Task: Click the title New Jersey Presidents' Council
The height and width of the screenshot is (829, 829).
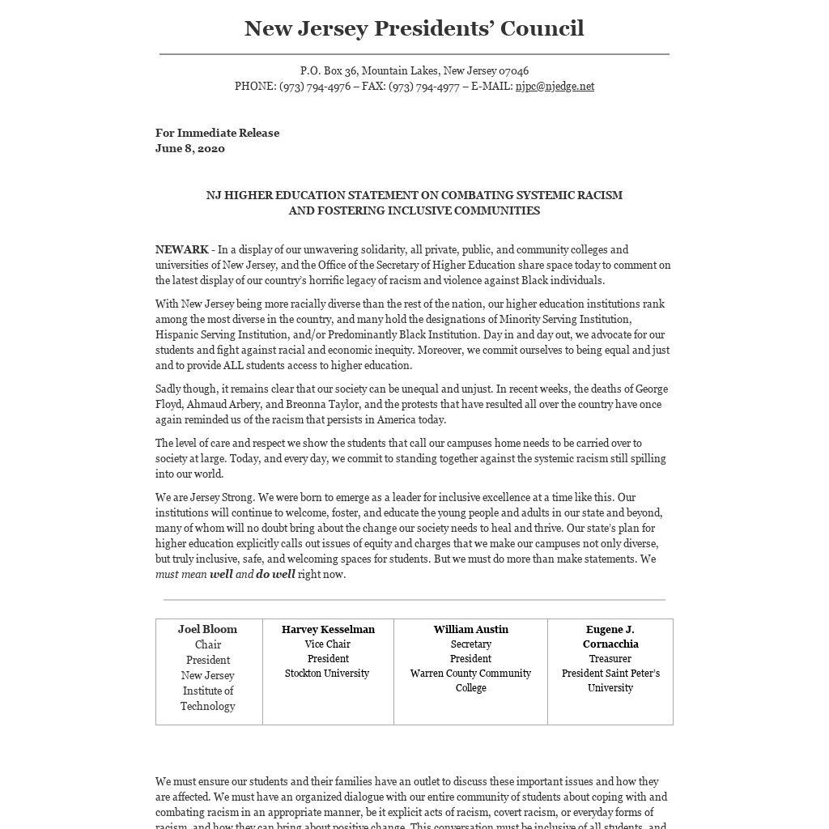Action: [414, 28]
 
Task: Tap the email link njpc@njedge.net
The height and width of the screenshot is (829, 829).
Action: [555, 87]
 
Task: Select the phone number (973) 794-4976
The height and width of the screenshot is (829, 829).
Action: [315, 87]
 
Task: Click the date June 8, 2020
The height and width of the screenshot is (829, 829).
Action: [190, 149]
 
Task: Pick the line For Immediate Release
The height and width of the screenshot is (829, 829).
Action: [217, 134]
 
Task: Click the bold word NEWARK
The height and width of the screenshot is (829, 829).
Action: [181, 250]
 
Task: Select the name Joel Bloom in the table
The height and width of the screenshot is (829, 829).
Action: [208, 630]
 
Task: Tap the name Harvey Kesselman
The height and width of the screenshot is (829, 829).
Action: [328, 630]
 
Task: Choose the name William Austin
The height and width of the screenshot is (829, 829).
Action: [470, 630]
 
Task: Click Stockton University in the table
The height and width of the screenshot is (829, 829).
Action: [327, 674]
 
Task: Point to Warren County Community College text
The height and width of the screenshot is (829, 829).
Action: [470, 680]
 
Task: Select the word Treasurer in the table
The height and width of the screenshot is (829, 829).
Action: [610, 659]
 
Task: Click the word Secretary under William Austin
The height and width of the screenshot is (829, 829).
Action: [470, 644]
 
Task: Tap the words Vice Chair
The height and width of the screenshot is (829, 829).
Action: [327, 644]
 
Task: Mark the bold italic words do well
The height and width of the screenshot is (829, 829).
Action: [275, 575]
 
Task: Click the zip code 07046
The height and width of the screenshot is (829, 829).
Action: [513, 71]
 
